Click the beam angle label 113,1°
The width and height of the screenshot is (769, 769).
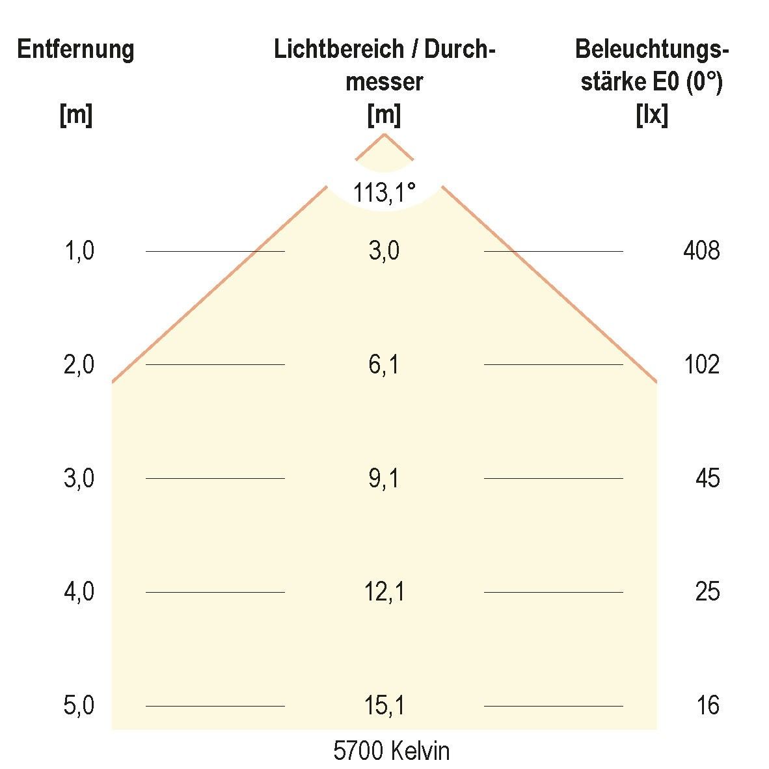(384, 193)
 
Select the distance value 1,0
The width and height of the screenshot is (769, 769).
(79, 250)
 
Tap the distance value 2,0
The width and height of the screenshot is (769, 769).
(79, 364)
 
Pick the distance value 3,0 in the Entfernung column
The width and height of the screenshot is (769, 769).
(79, 478)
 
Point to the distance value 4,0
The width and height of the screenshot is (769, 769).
(79, 592)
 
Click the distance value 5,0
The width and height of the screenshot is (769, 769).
(79, 706)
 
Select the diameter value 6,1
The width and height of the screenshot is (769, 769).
(384, 364)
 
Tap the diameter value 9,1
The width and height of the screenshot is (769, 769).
(384, 478)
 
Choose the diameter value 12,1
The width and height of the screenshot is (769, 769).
(384, 592)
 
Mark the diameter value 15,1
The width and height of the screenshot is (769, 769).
(384, 706)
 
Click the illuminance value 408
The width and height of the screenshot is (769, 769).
(701, 250)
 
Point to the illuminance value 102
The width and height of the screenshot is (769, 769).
(701, 364)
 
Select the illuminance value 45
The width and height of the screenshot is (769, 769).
(707, 478)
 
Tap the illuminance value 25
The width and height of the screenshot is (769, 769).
(707, 592)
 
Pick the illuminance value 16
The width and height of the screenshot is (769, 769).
(707, 706)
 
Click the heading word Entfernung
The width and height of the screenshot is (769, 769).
(76, 49)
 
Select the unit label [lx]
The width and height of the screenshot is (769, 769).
(651, 116)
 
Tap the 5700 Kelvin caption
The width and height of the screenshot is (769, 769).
(391, 751)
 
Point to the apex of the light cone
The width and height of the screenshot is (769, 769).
(384, 134)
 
